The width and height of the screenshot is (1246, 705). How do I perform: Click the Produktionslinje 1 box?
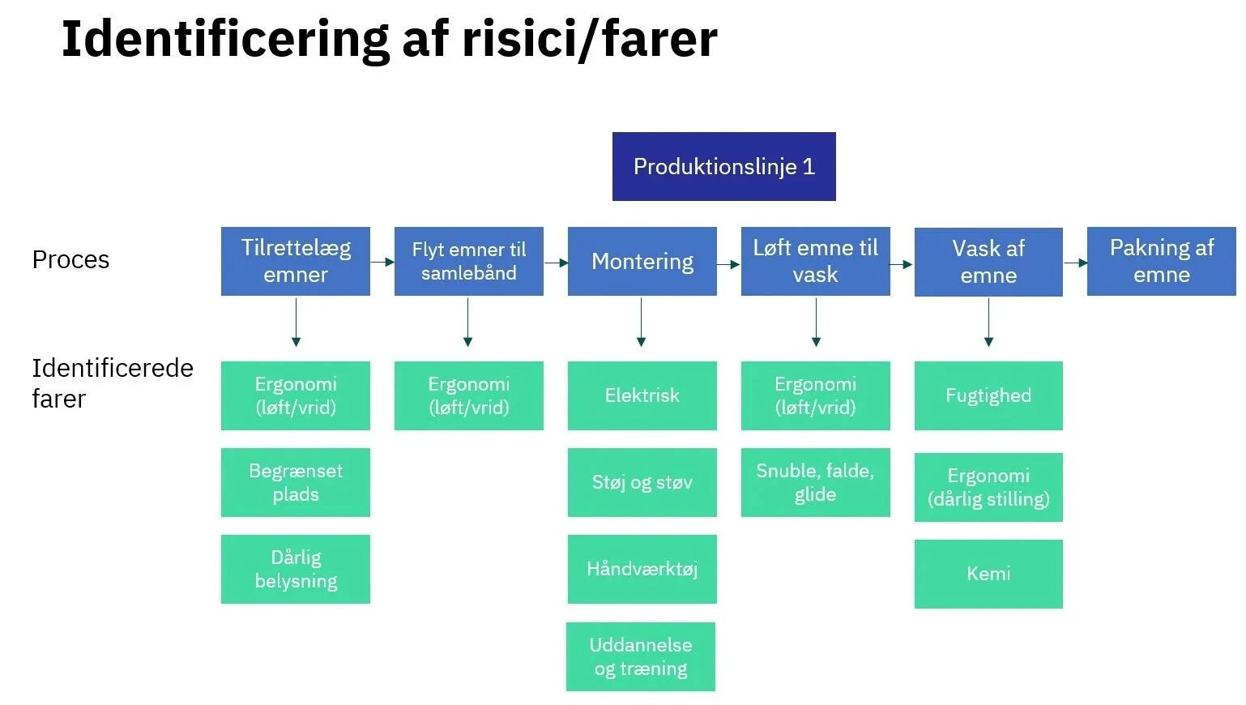(723, 166)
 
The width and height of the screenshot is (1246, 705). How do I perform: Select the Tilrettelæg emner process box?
(296, 261)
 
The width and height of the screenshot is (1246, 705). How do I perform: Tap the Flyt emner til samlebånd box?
(468, 261)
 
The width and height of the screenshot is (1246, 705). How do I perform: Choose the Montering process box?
(642, 261)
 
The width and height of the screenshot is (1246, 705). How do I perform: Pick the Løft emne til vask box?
(815, 261)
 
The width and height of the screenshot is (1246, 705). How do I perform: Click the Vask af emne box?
(988, 262)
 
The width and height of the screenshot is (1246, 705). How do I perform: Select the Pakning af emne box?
(1161, 261)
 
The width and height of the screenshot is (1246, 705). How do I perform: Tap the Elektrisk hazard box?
(642, 395)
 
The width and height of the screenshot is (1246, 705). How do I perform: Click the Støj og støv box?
(642, 482)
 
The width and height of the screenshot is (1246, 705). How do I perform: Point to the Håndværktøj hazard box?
(642, 569)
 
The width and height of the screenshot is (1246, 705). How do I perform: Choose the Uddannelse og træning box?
(640, 656)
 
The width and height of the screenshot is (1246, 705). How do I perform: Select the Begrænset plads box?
(296, 482)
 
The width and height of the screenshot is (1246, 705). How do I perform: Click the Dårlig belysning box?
(296, 569)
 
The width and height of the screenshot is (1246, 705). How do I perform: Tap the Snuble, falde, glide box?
(815, 482)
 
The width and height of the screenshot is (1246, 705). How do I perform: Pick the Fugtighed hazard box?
(988, 395)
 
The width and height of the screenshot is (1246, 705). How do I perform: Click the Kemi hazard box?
(988, 574)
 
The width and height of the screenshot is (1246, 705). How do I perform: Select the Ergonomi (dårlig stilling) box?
(988, 487)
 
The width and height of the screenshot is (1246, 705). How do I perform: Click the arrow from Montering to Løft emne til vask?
(729, 263)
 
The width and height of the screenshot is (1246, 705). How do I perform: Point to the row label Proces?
(70, 260)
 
